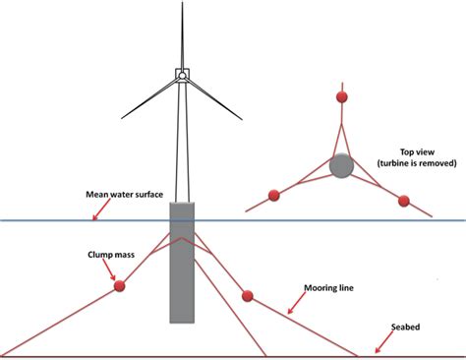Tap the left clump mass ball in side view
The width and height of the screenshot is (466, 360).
coord(120,286)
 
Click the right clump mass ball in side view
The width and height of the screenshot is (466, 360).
coord(248,296)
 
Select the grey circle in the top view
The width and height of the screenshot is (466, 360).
coord(340,166)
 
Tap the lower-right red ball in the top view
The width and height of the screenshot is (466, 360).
coord(402,201)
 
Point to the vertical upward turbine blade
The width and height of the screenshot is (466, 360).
coord(181,34)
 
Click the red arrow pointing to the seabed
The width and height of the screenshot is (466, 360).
coord(378,343)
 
